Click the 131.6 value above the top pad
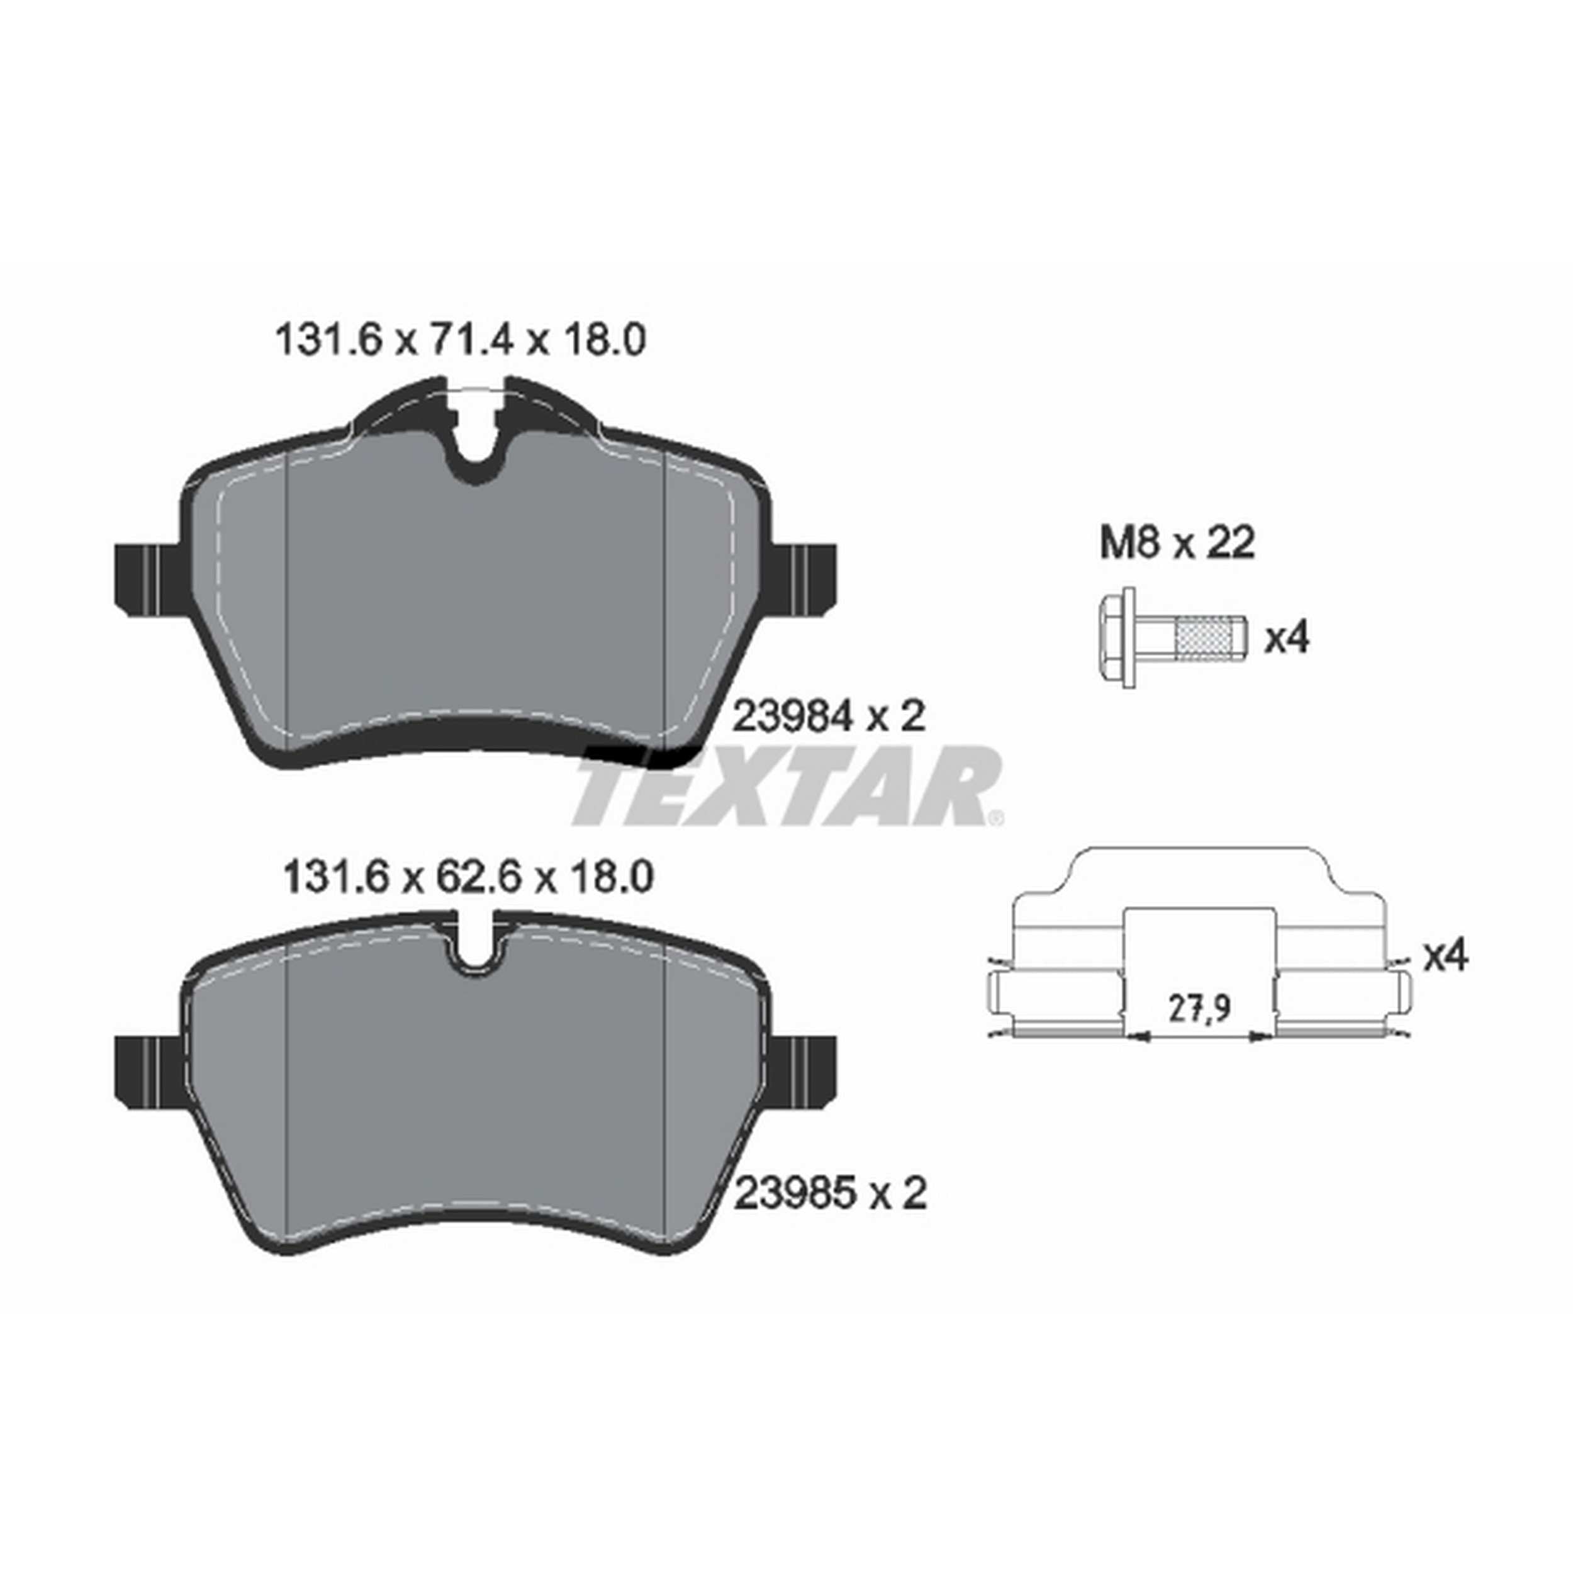coord(329,340)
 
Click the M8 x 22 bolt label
coord(1177,544)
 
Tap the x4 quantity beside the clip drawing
coord(1445,956)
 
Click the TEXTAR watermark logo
coord(786,786)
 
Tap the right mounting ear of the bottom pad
coord(803,1071)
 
